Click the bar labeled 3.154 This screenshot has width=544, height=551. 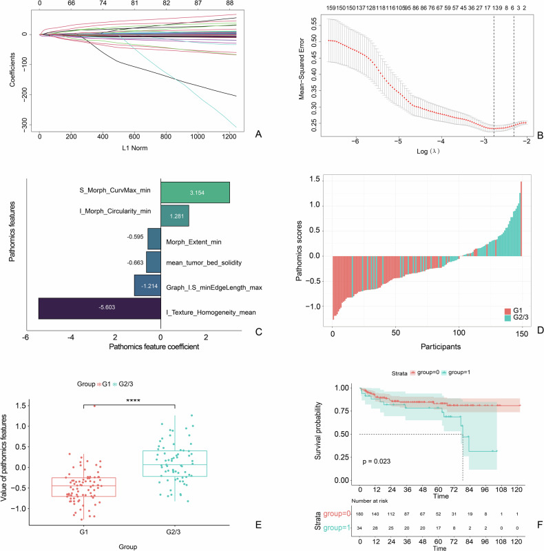click(195, 193)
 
